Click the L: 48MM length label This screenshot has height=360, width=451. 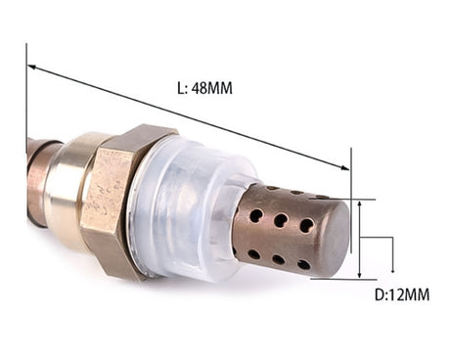tap(204, 88)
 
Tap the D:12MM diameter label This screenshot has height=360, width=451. tap(402, 294)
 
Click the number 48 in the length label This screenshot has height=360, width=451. tap(200, 88)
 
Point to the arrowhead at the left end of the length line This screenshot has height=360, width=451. tap(31, 67)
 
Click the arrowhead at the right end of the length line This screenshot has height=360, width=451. tap(344, 167)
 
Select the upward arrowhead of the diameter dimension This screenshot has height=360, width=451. tap(360, 204)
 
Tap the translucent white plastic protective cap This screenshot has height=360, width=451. tap(193, 208)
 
